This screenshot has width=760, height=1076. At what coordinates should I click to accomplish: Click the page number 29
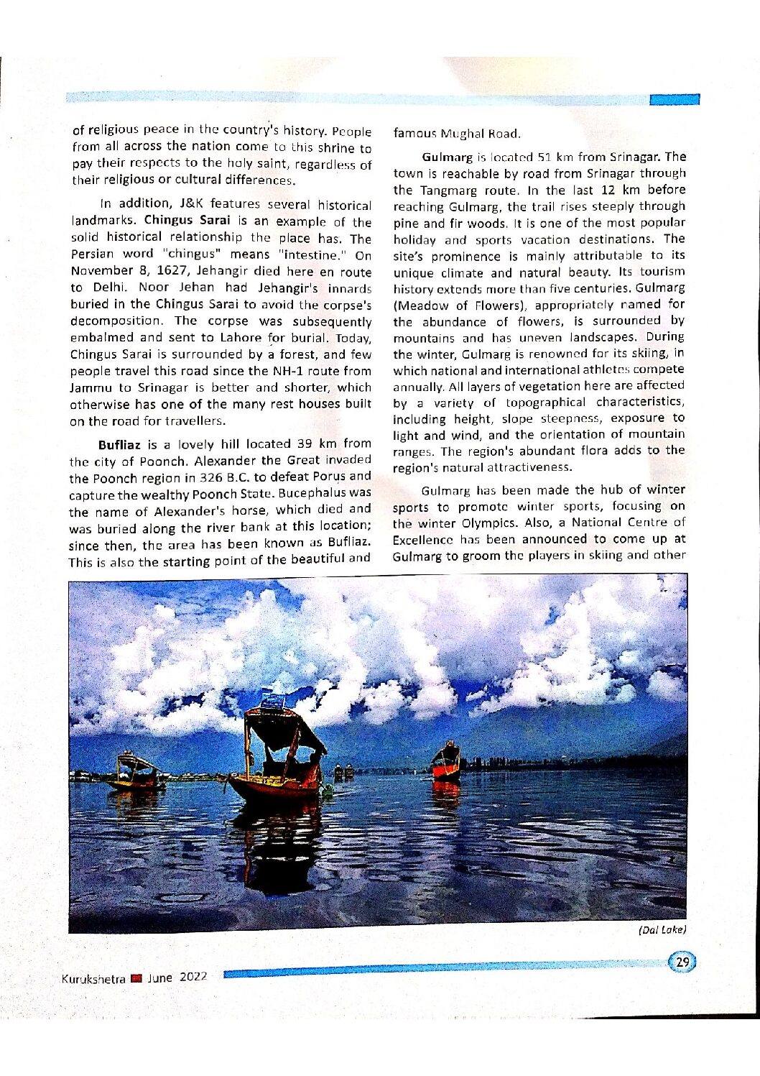(683, 962)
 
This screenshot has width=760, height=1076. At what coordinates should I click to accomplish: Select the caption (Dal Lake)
(662, 929)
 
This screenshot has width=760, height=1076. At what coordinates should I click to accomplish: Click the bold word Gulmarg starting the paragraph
(447, 157)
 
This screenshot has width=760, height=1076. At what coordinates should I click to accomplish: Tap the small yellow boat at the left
(134, 773)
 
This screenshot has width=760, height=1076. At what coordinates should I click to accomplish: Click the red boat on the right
(446, 763)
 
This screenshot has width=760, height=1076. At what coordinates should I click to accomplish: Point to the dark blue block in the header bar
(674, 100)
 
